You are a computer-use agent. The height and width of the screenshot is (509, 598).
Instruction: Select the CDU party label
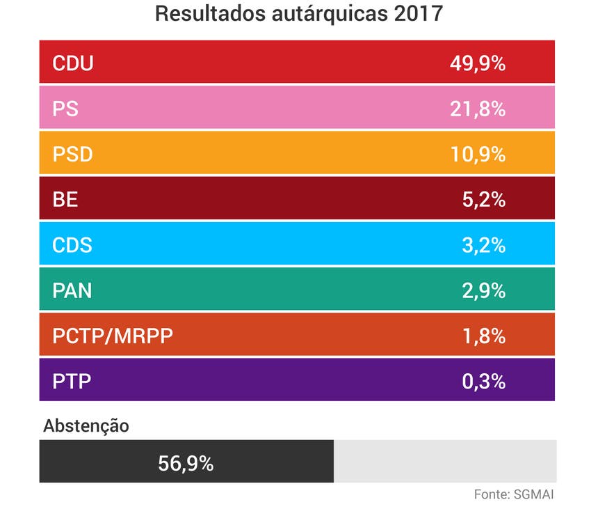(73, 64)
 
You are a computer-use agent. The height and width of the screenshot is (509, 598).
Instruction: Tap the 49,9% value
(477, 64)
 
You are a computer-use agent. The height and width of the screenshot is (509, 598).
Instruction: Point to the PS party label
(65, 109)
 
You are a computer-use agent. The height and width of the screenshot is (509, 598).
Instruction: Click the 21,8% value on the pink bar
(477, 109)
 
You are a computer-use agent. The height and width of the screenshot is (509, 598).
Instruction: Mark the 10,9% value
(477, 155)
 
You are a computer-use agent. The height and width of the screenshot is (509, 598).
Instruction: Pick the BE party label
(65, 200)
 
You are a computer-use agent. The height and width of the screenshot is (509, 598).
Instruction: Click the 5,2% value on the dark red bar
(483, 200)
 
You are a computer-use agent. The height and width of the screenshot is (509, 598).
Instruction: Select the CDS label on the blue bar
(72, 245)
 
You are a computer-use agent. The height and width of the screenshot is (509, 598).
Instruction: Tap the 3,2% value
(483, 245)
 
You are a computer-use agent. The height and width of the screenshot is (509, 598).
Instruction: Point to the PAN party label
(72, 290)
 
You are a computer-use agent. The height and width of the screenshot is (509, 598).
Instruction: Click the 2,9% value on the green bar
(483, 290)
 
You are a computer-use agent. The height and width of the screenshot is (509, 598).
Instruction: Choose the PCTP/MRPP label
(113, 336)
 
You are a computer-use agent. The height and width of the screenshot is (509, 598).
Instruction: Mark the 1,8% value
(483, 336)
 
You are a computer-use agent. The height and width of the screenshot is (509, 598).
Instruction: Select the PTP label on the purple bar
(72, 382)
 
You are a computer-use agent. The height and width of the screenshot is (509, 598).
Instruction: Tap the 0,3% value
(483, 382)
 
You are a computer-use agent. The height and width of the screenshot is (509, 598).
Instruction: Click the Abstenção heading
(86, 426)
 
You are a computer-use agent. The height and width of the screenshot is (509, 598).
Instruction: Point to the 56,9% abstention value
(186, 462)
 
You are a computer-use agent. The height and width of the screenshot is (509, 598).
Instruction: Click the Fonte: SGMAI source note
(514, 494)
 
